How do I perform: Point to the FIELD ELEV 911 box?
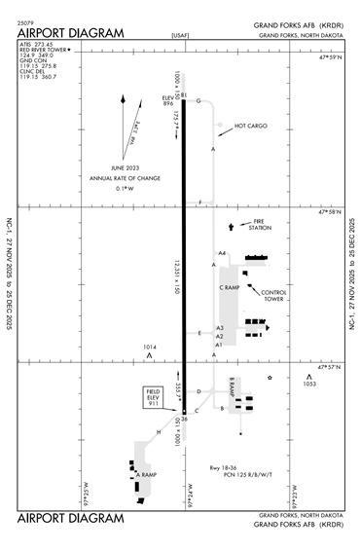[153, 398]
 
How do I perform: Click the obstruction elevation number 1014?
[150, 347]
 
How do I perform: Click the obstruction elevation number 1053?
[309, 385]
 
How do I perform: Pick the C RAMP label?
[230, 288]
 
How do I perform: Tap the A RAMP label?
[146, 474]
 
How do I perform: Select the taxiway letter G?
[198, 100]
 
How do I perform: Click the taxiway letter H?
[159, 431]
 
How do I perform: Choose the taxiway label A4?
[222, 253]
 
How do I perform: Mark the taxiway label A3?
[220, 328]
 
